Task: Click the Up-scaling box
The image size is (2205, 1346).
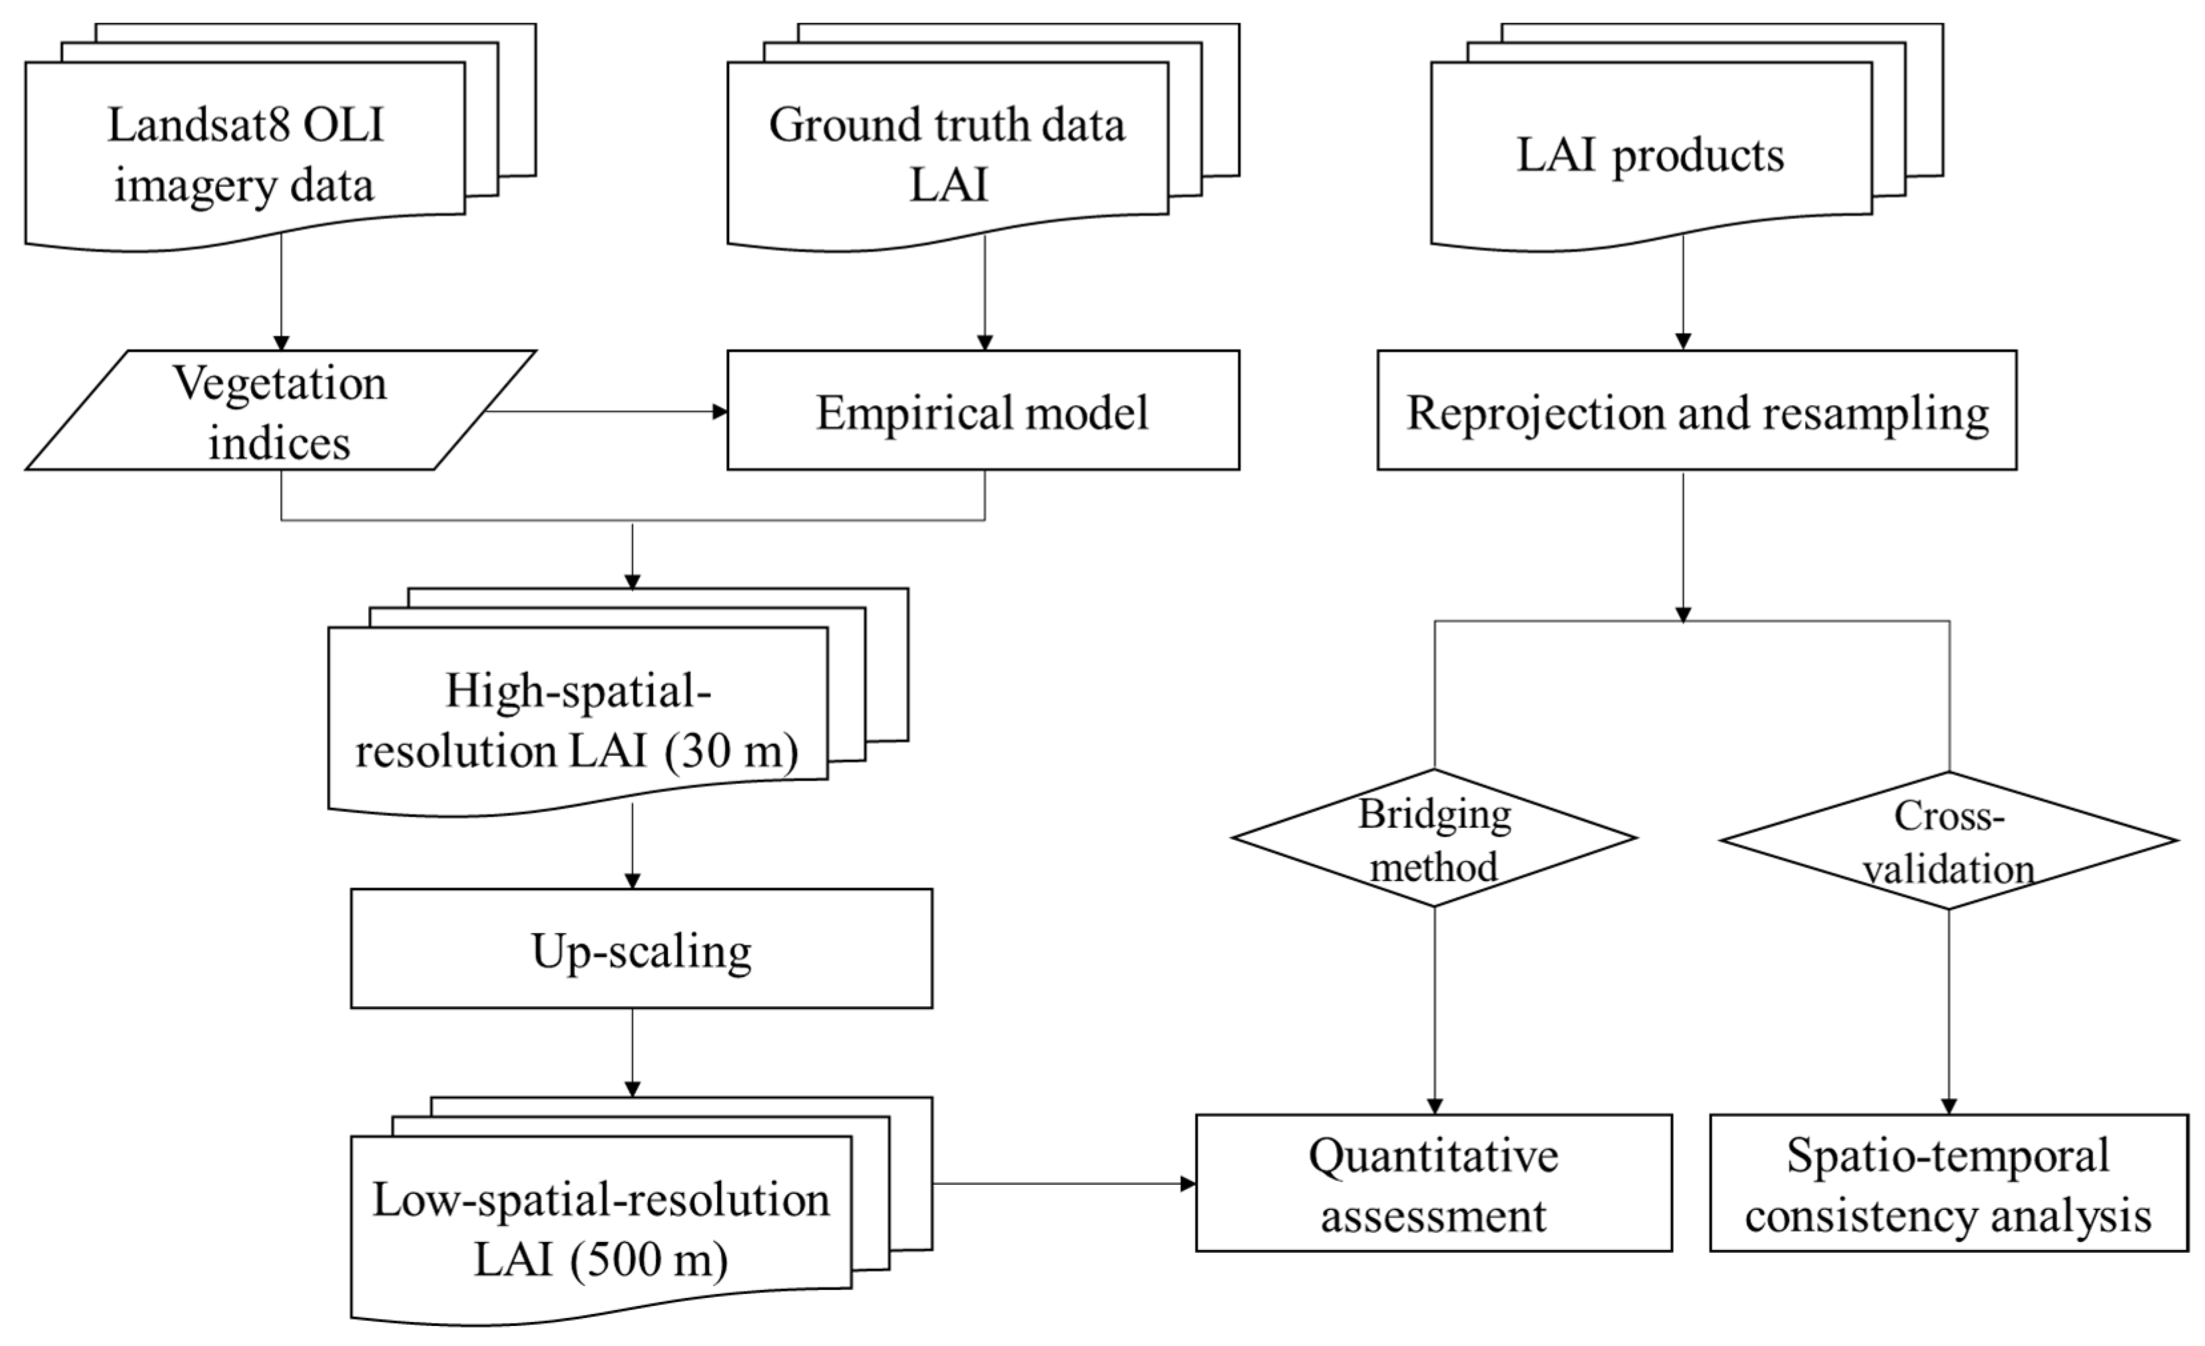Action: [640, 948]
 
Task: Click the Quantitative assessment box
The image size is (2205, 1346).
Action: [1433, 1182]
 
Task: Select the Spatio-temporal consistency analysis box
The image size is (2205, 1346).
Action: [1948, 1182]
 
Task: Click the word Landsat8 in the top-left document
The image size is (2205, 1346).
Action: [198, 125]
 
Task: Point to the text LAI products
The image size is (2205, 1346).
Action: [1650, 155]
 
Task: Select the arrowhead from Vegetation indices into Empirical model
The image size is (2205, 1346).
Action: [720, 412]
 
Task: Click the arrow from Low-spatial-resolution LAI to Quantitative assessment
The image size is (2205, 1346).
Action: [1065, 1184]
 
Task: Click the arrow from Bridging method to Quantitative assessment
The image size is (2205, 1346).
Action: [1435, 1011]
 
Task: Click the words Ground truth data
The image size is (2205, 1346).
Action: [947, 125]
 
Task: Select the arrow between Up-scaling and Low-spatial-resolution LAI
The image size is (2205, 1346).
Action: [632, 1052]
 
